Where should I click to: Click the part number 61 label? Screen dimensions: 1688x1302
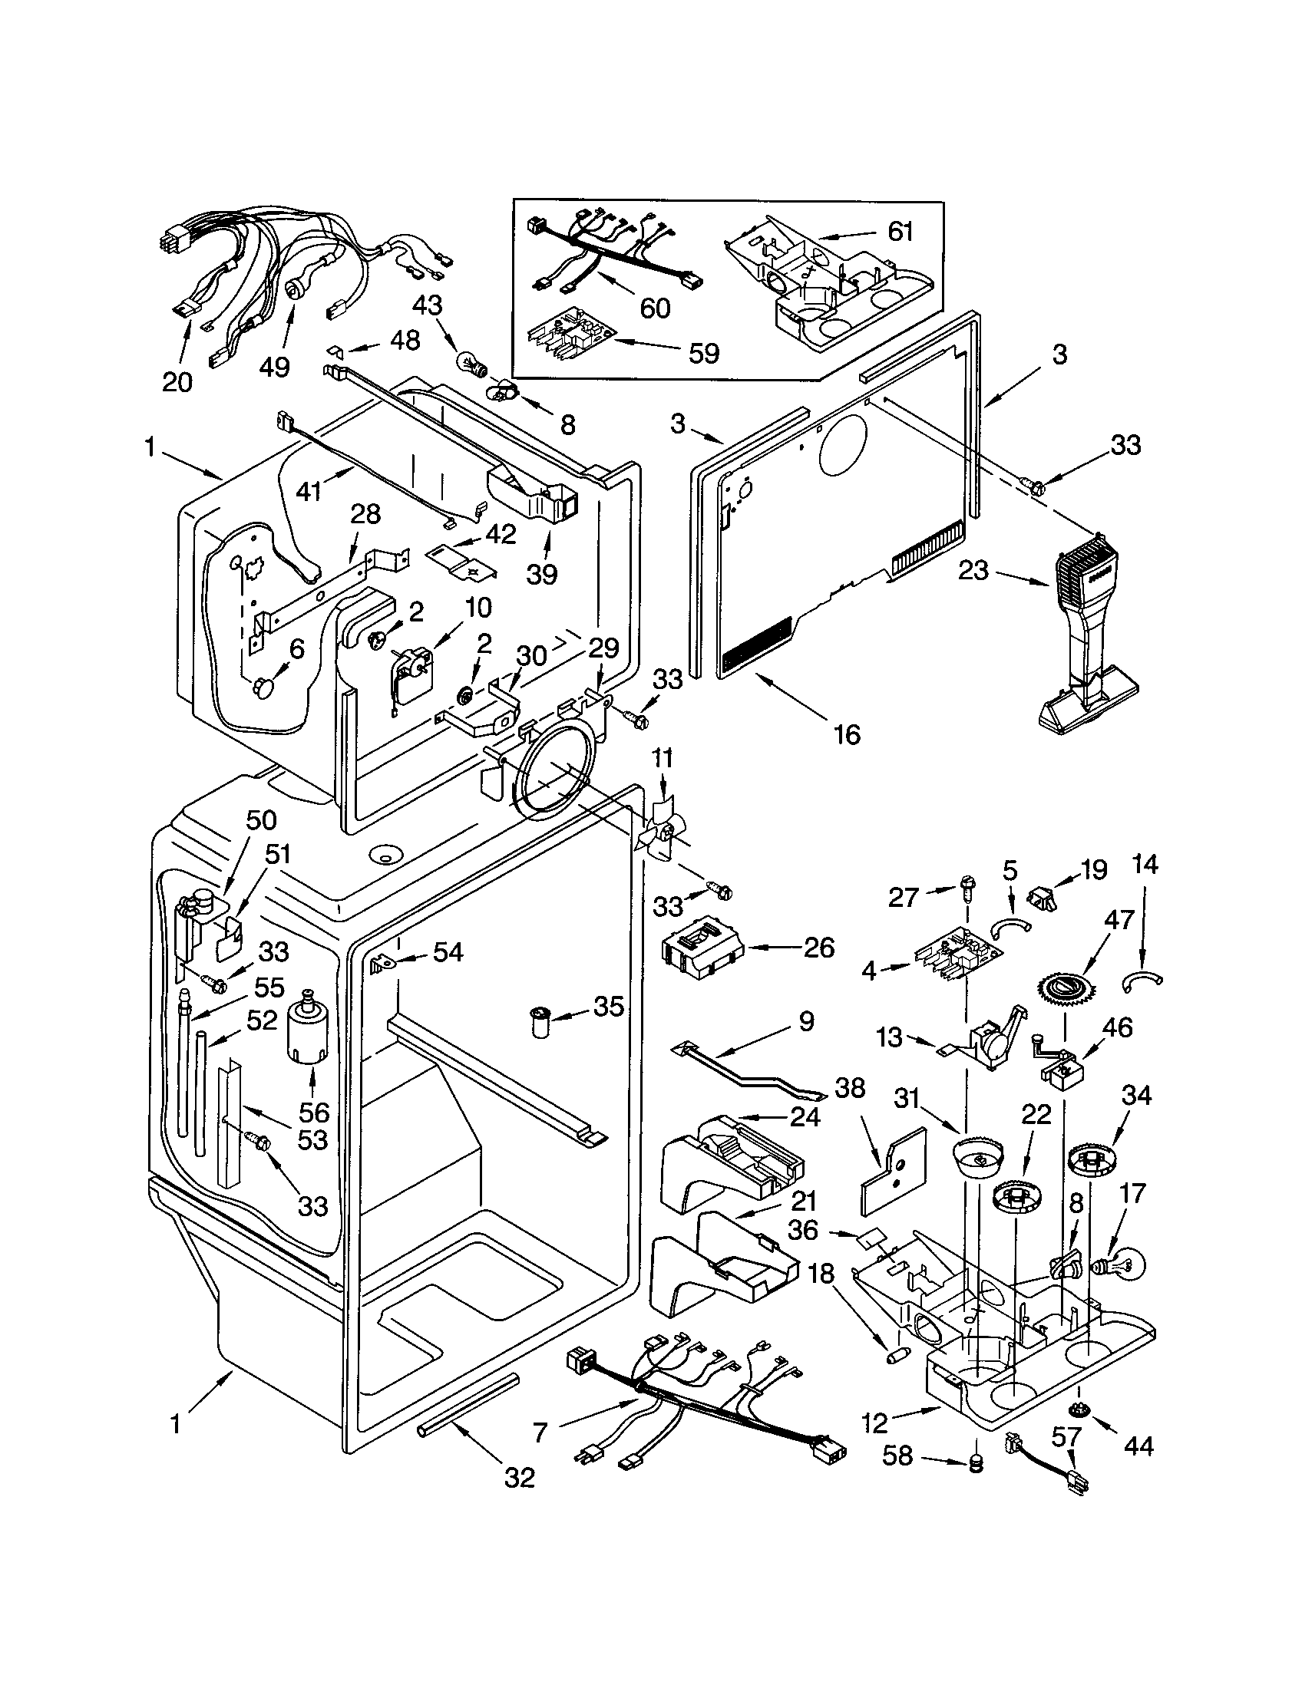pos(900,231)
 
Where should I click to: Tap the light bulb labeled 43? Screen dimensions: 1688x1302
pos(469,361)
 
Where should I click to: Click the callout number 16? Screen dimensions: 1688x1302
pos(847,734)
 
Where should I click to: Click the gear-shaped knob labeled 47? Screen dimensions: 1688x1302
pos(1065,988)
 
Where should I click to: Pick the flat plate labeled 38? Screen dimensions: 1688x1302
pos(894,1171)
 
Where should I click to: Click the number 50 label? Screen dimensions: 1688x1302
pos(260,820)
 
